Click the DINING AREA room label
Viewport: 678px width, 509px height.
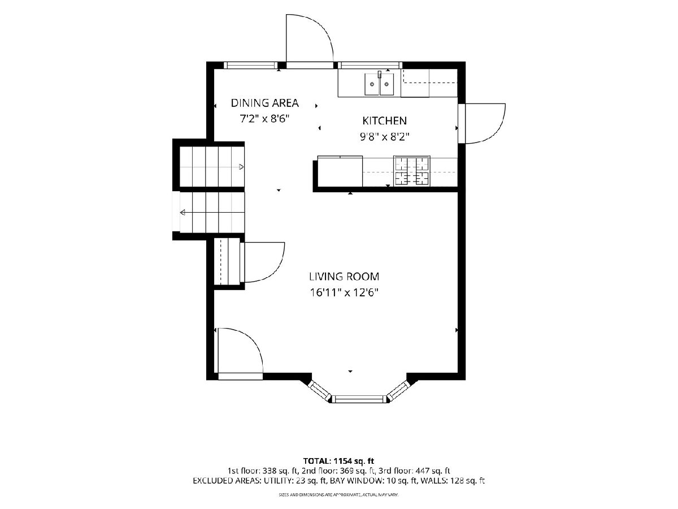coord(265,103)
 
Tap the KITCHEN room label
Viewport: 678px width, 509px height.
coord(384,120)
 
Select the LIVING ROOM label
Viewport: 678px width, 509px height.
coord(344,277)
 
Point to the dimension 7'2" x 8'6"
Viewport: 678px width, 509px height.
coord(265,119)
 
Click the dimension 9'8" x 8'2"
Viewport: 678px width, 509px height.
coord(385,137)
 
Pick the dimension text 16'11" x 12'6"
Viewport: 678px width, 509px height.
coord(344,292)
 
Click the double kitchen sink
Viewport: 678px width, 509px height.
coord(379,84)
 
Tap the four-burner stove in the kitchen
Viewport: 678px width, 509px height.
coord(412,171)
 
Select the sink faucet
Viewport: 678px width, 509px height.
coord(380,75)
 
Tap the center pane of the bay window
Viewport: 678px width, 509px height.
coord(359,399)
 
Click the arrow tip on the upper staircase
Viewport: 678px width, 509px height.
coord(243,167)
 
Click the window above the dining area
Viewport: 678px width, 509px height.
coord(250,65)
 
